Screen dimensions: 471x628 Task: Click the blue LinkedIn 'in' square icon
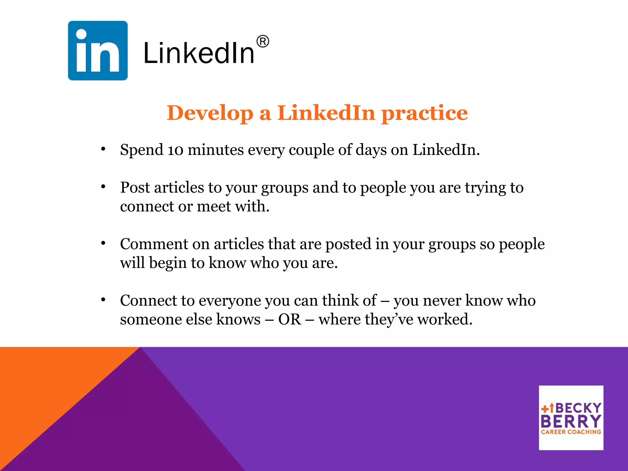coord(98,51)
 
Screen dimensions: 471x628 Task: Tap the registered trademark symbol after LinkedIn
coord(263,41)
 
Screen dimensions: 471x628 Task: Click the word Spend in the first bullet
coord(142,150)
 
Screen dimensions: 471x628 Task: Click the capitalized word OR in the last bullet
coord(289,320)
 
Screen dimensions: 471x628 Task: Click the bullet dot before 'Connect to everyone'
coord(103,300)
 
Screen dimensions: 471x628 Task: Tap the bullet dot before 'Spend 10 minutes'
coord(103,149)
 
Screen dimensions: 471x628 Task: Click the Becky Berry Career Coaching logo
coord(571,418)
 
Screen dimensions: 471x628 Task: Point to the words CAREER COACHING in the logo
coord(571,432)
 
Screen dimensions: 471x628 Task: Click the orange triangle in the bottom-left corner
coord(46,383)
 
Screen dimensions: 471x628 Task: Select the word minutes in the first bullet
coord(216,150)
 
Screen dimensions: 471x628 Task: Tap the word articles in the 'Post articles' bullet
coord(179,188)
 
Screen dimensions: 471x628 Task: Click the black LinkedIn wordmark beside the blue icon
coord(199,54)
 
